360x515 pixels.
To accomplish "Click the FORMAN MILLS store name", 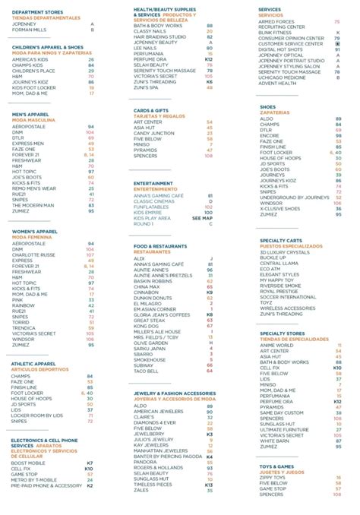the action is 28,30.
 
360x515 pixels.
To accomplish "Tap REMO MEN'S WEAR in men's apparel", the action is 34,188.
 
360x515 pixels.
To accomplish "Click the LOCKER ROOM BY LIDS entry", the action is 36,415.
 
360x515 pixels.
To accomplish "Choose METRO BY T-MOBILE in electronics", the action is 35,479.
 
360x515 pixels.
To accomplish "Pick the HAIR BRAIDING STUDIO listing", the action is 159,36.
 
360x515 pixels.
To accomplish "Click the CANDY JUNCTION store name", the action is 154,133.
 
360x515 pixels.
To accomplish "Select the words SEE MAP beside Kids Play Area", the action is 202,218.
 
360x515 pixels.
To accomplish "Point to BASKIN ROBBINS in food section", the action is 153,280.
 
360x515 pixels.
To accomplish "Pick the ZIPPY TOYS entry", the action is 274,477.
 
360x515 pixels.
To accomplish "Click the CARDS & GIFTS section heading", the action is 151,110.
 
